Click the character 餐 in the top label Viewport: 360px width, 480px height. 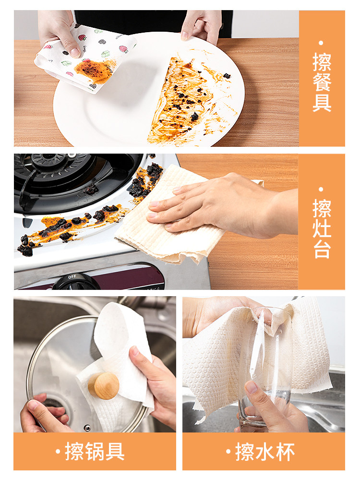click(322, 82)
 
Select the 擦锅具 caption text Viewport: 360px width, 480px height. click(95, 452)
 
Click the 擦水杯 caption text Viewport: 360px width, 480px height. click(264, 452)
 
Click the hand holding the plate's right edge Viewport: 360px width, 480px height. click(202, 24)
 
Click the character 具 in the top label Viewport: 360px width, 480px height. click(322, 102)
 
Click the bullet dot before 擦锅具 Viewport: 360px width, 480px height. click(58, 452)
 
